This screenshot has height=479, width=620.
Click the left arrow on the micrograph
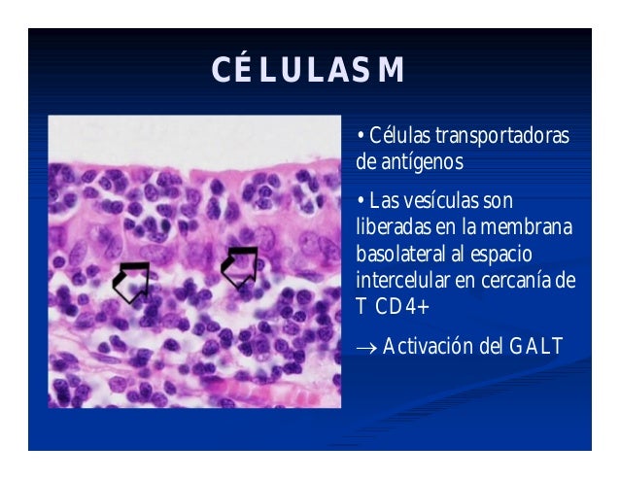pos(131,281)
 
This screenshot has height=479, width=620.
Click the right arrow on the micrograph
pos(239,266)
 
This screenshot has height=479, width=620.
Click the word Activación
pos(433,347)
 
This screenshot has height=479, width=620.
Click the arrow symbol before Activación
pos(367,348)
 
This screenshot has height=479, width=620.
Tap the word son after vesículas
pos(499,202)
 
